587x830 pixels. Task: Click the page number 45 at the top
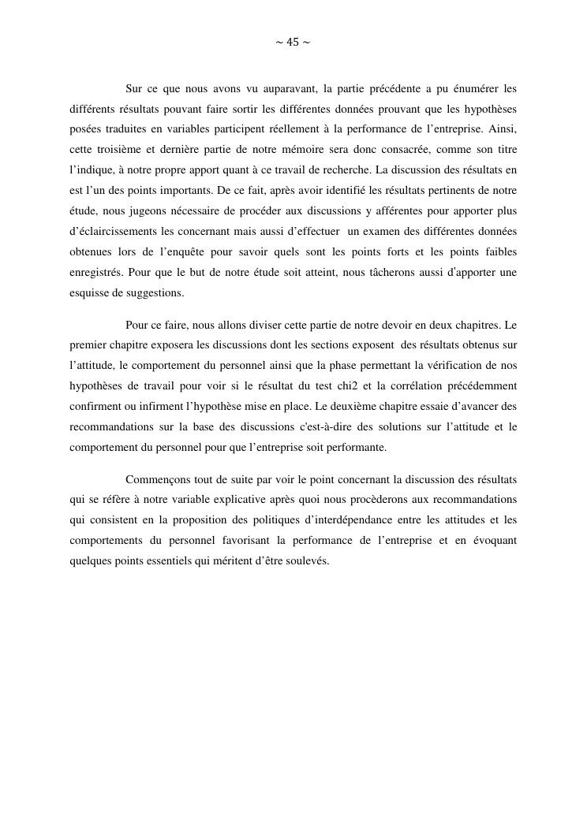click(x=292, y=43)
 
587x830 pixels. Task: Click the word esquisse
click(x=88, y=293)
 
